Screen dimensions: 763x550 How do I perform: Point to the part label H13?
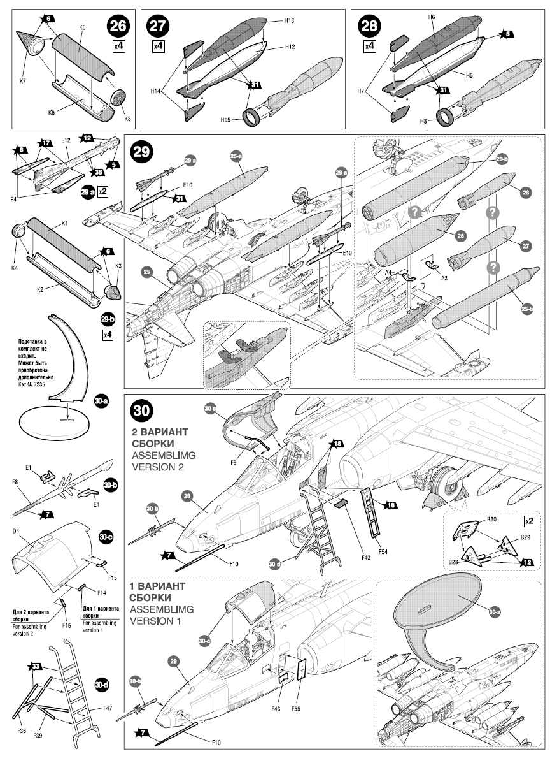point(289,21)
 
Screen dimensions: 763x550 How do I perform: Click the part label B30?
point(491,520)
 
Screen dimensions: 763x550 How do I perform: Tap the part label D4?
point(17,530)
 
